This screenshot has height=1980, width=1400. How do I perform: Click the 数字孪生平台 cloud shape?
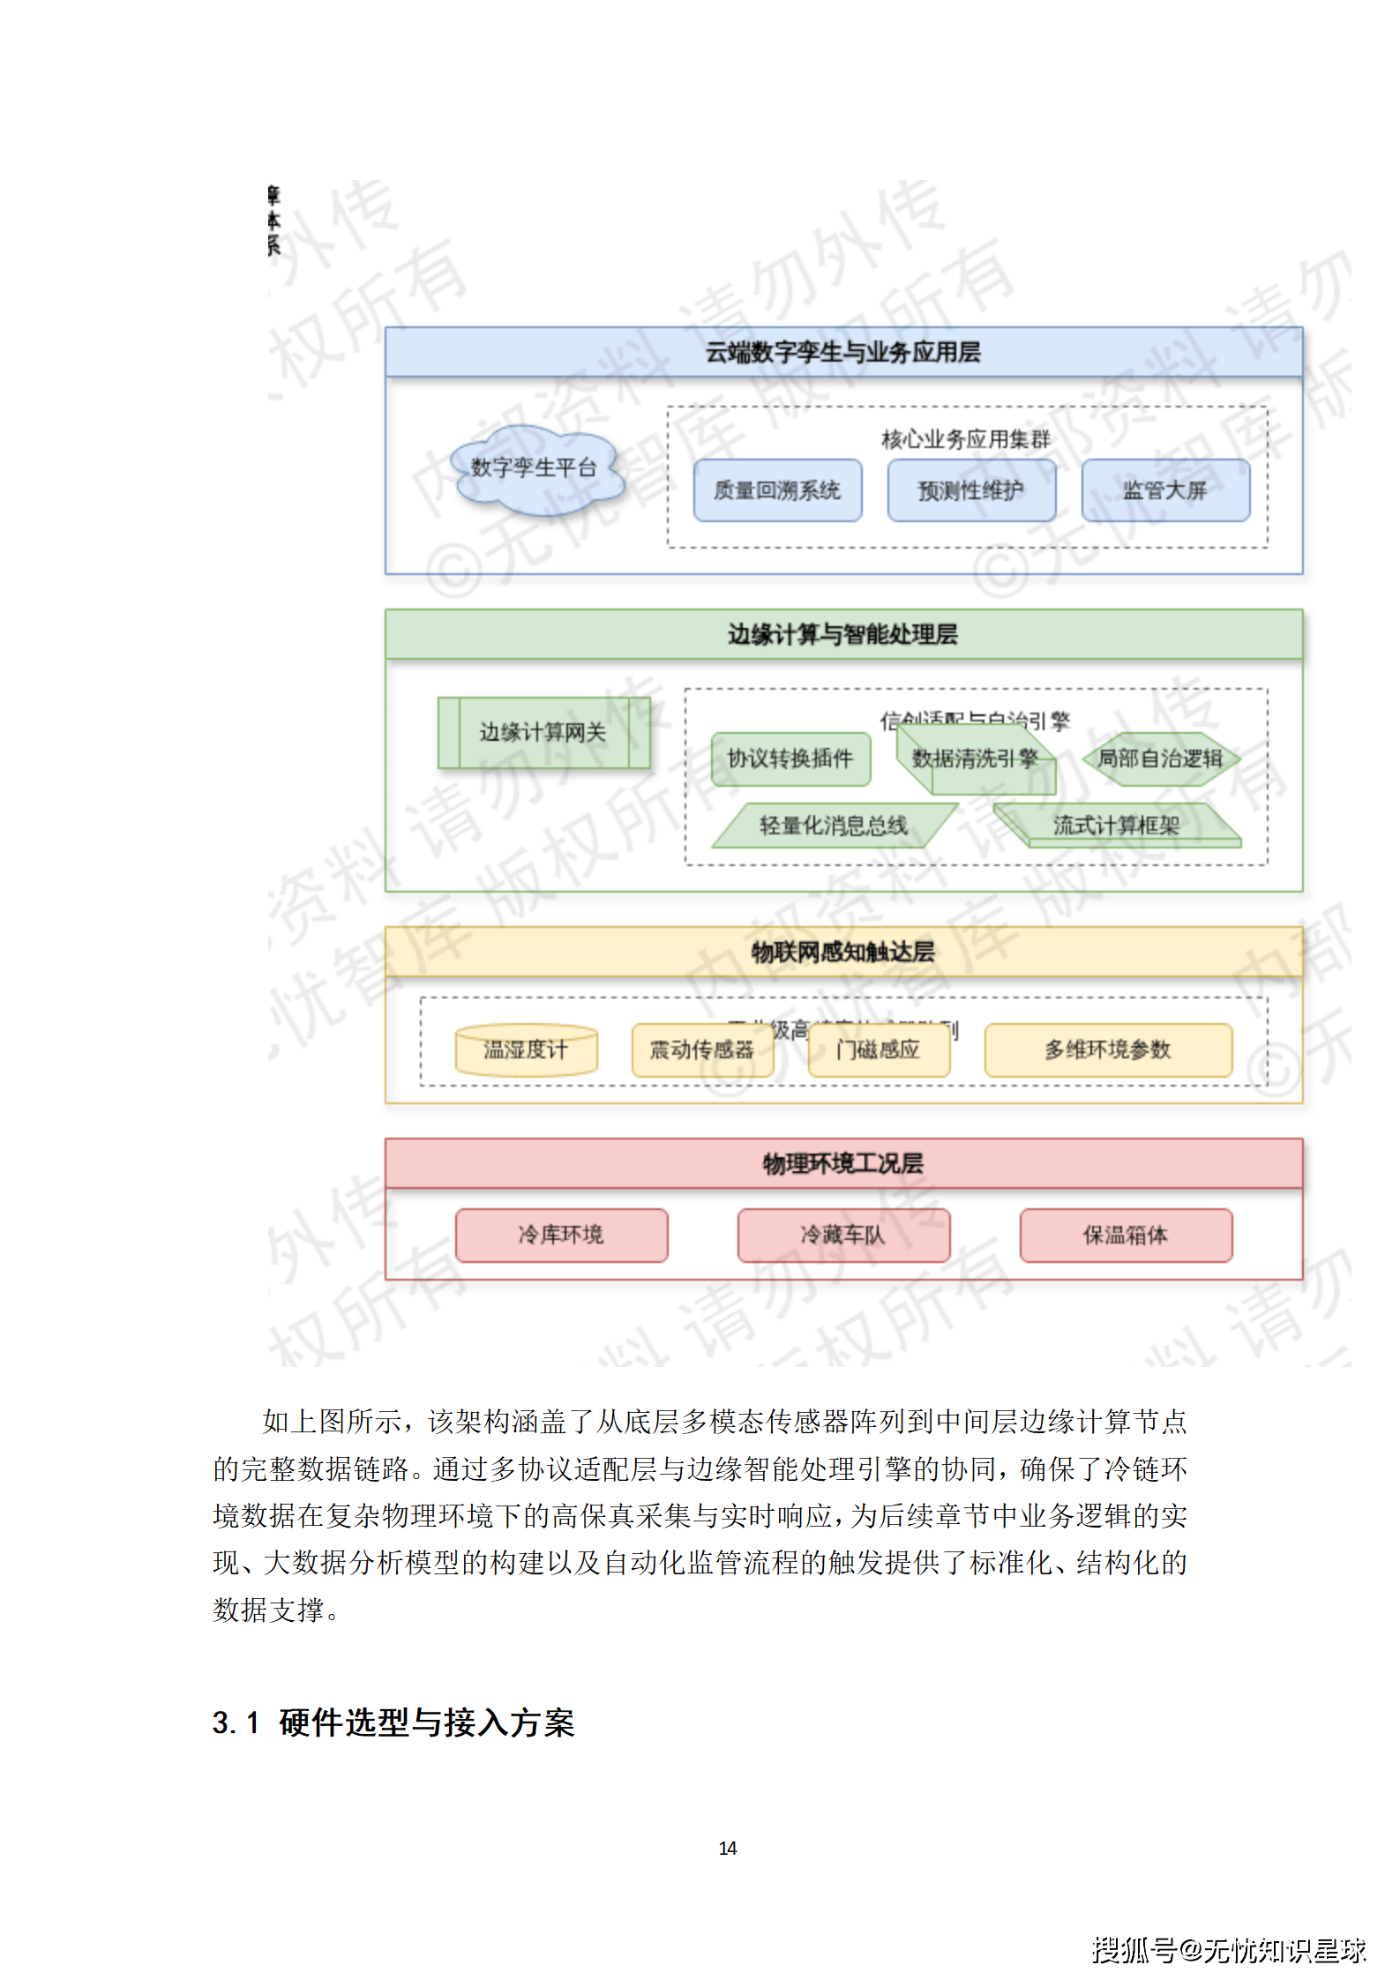[535, 468]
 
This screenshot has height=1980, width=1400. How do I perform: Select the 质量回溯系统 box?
[777, 490]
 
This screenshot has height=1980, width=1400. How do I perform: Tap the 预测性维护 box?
[971, 490]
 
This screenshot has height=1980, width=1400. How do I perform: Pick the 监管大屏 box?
[1165, 490]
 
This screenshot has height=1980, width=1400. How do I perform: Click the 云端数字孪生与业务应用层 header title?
[842, 353]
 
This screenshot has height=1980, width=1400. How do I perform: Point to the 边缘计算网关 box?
[543, 733]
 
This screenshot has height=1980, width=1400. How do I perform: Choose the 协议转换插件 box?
[790, 758]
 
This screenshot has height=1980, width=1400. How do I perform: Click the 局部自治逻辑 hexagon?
[1161, 758]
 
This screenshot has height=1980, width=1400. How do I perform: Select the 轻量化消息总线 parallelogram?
[834, 826]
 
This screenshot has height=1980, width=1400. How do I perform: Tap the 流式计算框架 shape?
[1117, 826]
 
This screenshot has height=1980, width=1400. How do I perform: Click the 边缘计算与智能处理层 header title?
[842, 634]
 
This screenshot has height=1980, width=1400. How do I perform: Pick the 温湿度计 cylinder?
[526, 1050]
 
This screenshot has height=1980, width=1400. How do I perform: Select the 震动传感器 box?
[702, 1050]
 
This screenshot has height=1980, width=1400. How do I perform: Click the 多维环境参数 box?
[1108, 1050]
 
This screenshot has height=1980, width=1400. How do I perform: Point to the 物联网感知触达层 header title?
[842, 952]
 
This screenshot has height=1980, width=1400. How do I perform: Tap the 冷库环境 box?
[561, 1235]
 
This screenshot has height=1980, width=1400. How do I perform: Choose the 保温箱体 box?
[1126, 1235]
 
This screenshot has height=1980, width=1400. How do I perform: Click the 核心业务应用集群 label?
[966, 439]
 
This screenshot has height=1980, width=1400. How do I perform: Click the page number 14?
[728, 1848]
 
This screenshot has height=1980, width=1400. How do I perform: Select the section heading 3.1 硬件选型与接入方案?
[393, 1722]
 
